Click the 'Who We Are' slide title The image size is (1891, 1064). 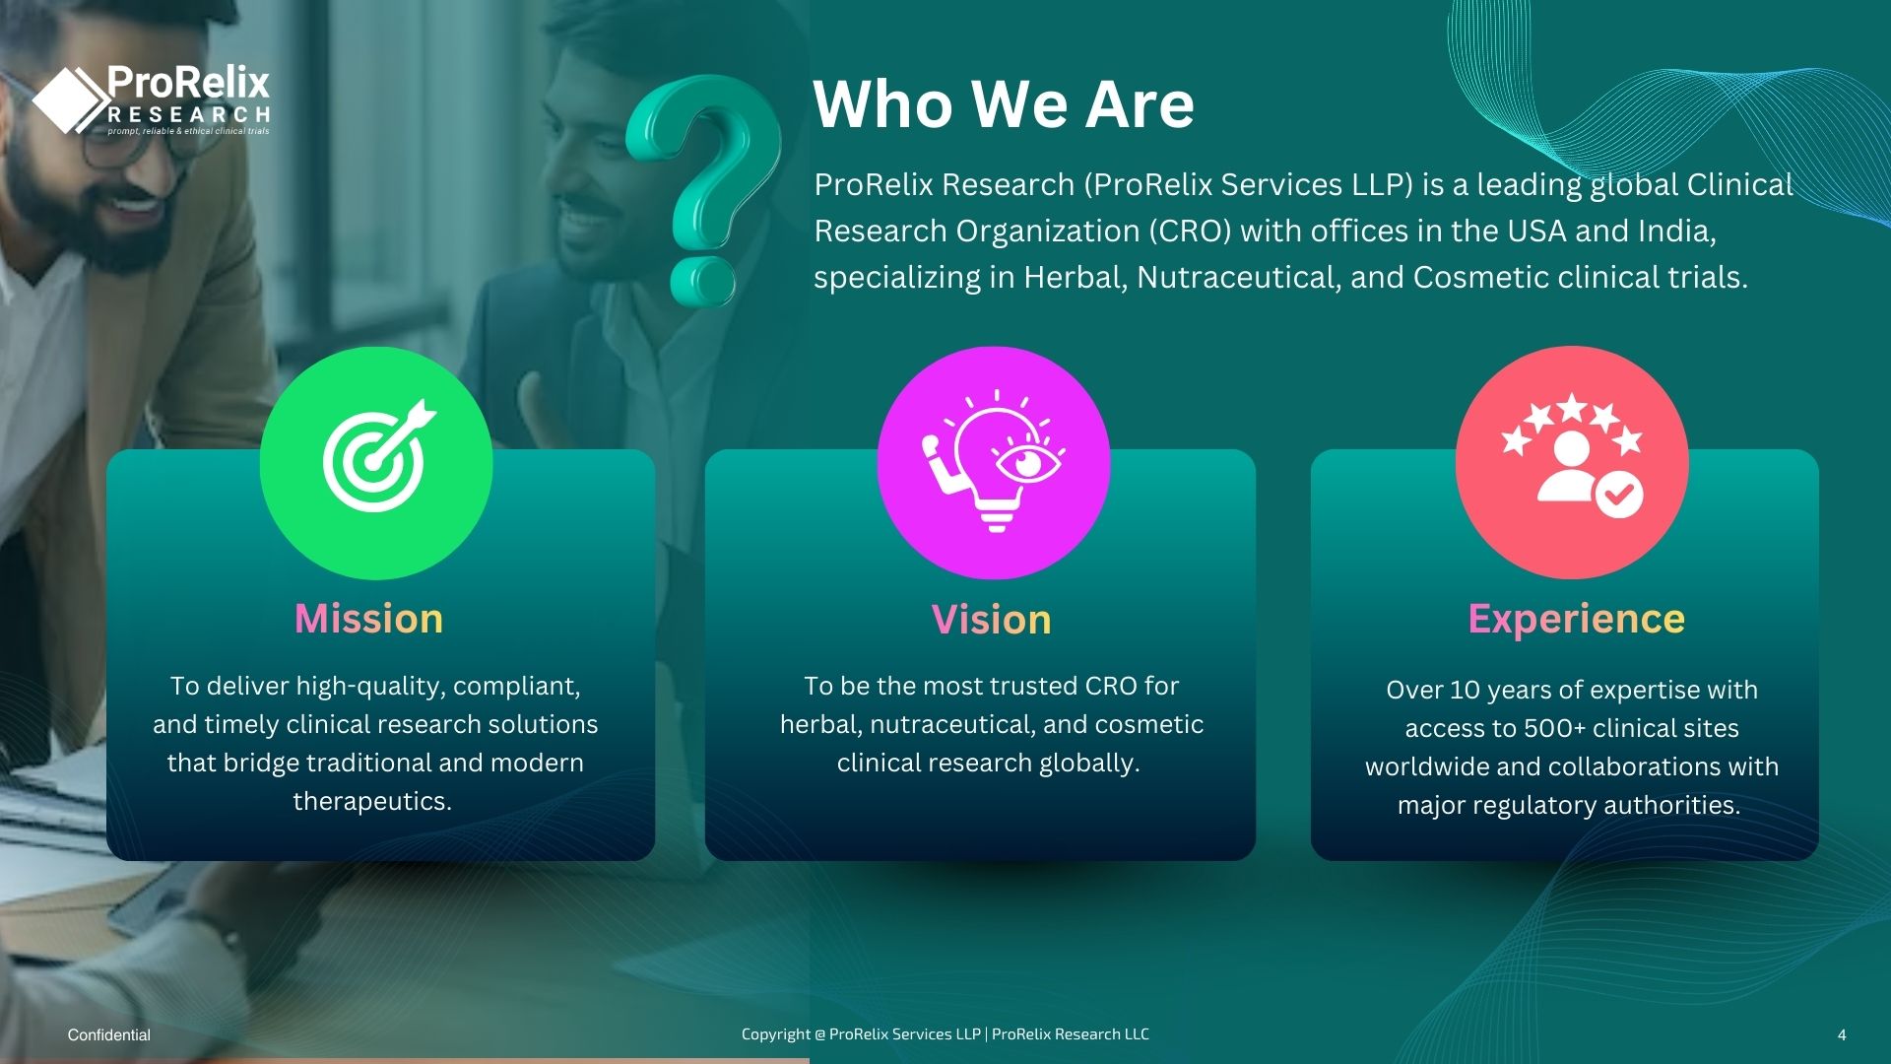pos(1004,103)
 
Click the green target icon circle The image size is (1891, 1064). pos(376,462)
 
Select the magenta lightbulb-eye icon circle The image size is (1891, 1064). pos(994,462)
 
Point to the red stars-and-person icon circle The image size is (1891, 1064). pos(1572,462)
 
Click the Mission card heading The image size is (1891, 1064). pos(369,619)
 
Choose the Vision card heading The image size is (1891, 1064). pos(992,620)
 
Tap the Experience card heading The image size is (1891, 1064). pos(1577,619)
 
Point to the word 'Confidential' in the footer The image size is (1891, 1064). pos(109,1034)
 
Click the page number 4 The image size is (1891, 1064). pos(1842,1034)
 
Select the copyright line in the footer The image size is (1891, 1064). pos(945,1034)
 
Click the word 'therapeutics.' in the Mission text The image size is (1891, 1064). pos(372,801)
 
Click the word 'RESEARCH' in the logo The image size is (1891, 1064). pos(189,115)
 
